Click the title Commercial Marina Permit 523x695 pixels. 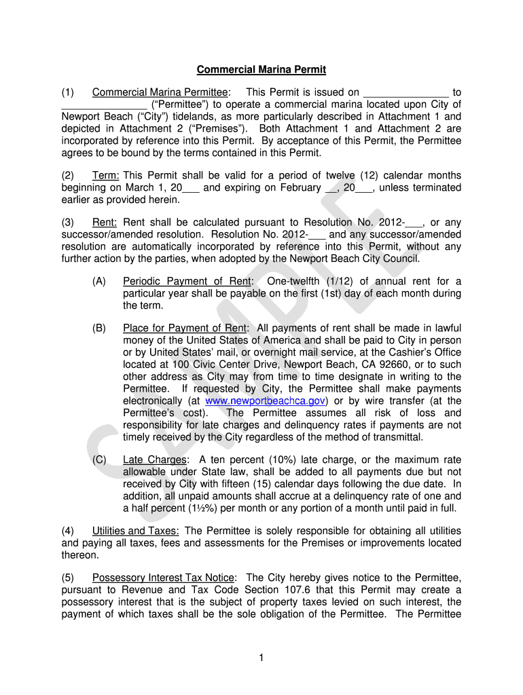(x=261, y=70)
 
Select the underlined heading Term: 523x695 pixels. (x=106, y=175)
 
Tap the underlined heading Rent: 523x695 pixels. (x=105, y=223)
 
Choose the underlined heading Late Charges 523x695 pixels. (x=154, y=459)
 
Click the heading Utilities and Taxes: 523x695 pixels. (x=136, y=531)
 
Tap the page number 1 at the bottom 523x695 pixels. (x=261, y=656)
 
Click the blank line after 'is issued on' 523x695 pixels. (x=406, y=93)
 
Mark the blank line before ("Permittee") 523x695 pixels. (x=104, y=105)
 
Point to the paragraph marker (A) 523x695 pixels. (x=99, y=282)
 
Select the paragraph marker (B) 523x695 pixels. (x=99, y=328)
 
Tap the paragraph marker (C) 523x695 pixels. (x=99, y=459)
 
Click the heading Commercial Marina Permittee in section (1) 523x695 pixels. (x=160, y=92)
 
